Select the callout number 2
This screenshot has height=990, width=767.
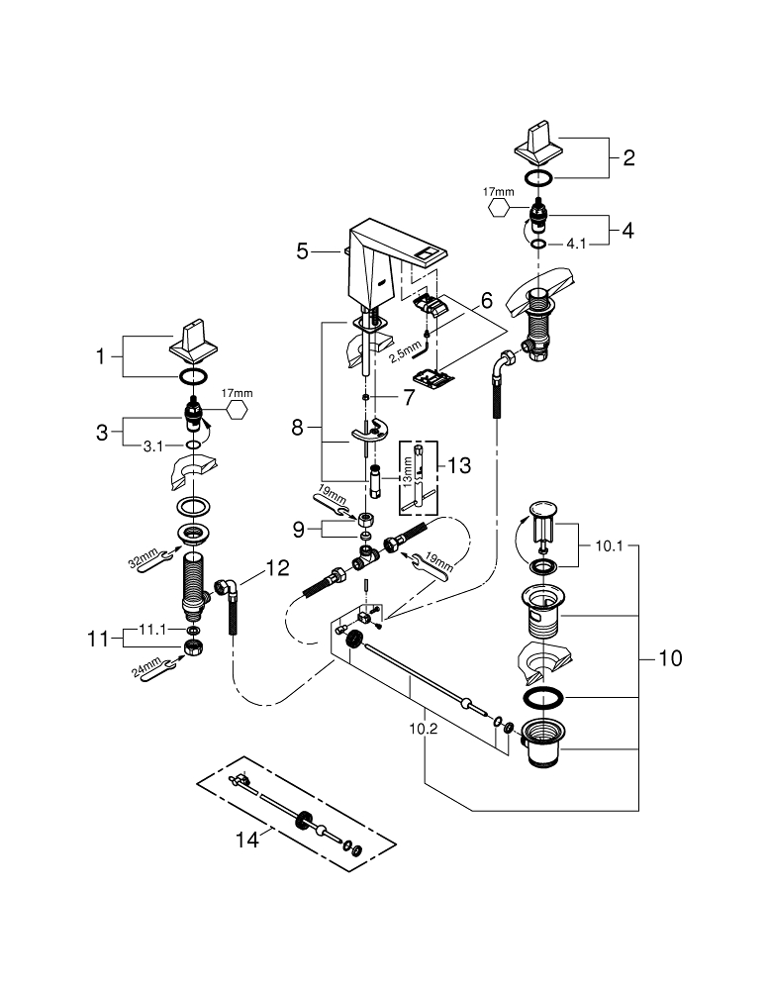628,156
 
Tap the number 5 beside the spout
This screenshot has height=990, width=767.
303,251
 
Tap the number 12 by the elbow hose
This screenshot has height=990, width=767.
277,568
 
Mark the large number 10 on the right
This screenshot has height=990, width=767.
670,658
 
